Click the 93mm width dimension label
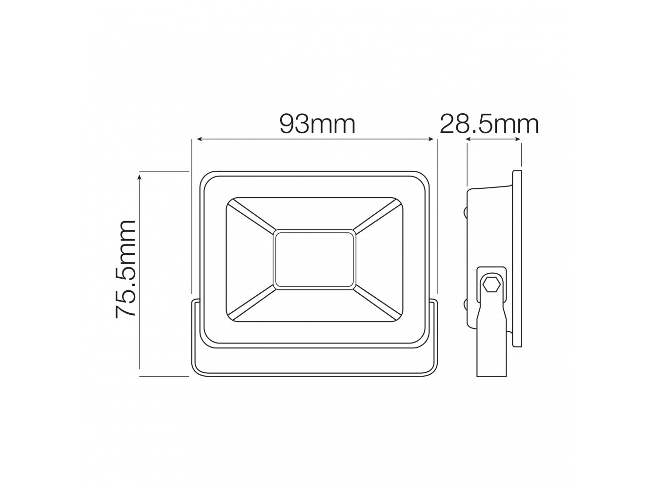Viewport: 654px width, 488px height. tap(317, 124)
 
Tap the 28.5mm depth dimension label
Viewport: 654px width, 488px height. tap(489, 124)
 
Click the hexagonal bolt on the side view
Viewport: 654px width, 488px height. tap(491, 285)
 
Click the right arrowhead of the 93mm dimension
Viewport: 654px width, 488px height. tap(430, 139)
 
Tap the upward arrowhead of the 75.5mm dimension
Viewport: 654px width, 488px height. tap(139, 178)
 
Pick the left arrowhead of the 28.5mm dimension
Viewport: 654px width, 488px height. tap(469, 139)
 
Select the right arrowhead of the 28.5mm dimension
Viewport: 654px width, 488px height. tap(517, 139)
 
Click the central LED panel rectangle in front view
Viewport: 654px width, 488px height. tap(314, 260)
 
